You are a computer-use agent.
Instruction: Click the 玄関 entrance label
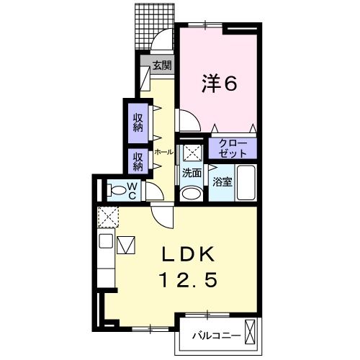point(162,66)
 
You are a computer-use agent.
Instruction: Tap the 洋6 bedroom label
point(220,83)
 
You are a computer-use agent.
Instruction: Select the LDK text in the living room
point(188,254)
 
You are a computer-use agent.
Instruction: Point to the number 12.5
point(189,280)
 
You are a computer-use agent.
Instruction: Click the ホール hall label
point(164,152)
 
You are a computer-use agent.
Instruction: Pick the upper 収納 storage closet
point(138,123)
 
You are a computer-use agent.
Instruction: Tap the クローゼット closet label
point(233,148)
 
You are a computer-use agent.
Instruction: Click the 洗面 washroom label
point(192,173)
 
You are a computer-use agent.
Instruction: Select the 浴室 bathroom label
point(222,182)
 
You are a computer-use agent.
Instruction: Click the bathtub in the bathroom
point(246,182)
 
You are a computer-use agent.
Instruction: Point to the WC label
point(132,191)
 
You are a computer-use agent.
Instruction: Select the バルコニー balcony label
point(216,336)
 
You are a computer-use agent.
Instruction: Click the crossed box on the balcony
point(251,332)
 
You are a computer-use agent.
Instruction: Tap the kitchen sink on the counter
point(106,241)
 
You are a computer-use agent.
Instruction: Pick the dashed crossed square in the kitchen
point(108,217)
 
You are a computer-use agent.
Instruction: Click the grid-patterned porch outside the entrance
point(154,26)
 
